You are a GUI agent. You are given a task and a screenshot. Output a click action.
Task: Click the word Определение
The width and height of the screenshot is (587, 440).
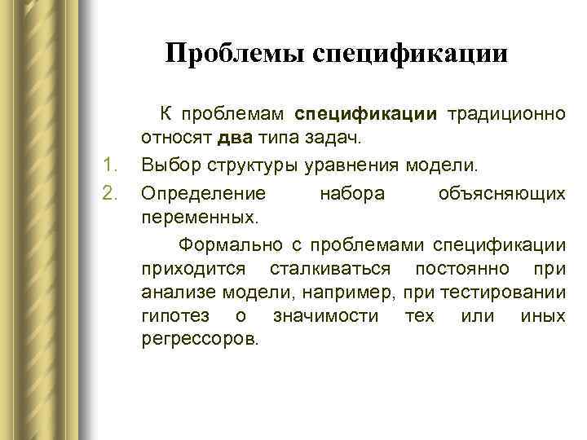point(202,193)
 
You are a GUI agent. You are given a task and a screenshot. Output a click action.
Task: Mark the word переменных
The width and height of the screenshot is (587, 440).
point(198,218)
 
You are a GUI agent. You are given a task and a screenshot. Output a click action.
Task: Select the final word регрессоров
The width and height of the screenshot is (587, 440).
point(198,337)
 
